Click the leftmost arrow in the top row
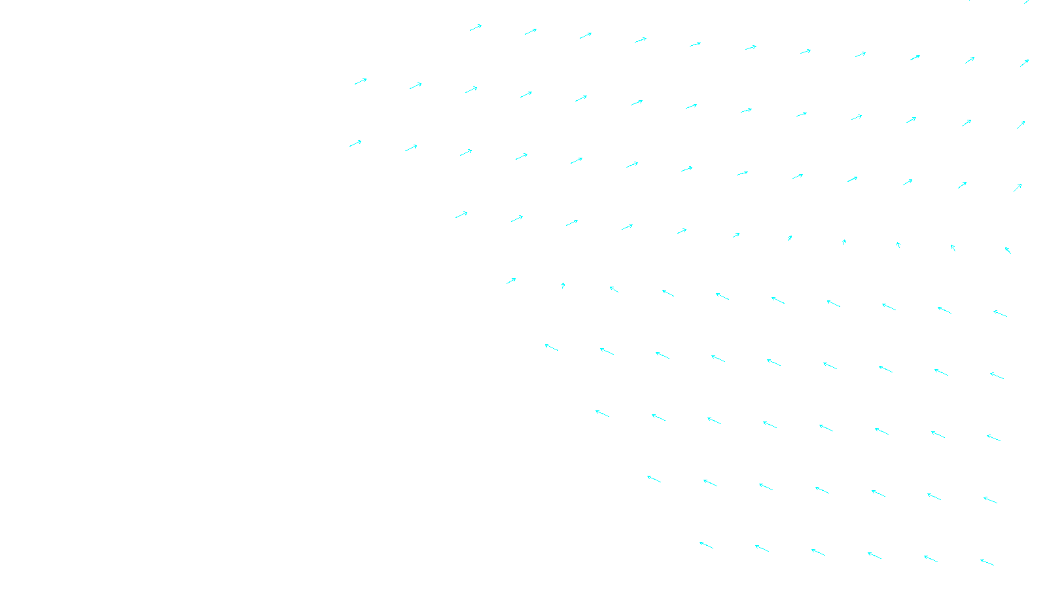click(x=476, y=27)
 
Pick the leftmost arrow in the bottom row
click(x=706, y=545)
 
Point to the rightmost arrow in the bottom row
click(x=987, y=562)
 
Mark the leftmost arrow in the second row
click(x=361, y=82)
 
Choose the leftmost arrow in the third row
click(x=355, y=143)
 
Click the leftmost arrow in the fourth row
click(x=461, y=215)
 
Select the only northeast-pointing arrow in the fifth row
click(x=511, y=281)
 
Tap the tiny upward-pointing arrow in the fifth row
click(x=563, y=285)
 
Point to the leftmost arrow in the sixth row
click(x=552, y=348)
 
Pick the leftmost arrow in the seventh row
click(x=602, y=414)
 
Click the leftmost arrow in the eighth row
click(x=654, y=479)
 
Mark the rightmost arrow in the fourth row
click(x=1008, y=250)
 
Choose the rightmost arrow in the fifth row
click(x=1000, y=313)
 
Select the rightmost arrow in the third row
click(x=1018, y=188)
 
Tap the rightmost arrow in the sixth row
click(x=997, y=376)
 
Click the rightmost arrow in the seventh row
click(x=993, y=438)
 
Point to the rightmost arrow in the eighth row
click(x=990, y=501)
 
